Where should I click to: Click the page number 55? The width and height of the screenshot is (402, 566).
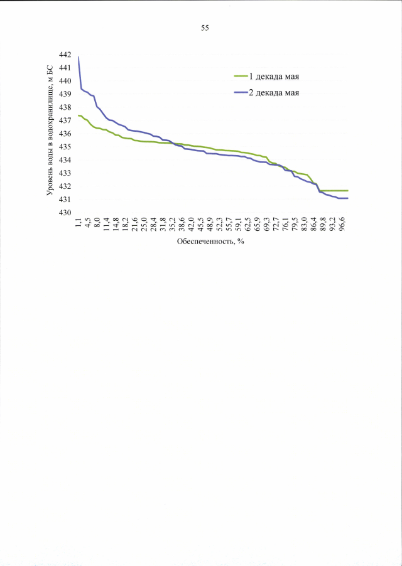tap(205, 28)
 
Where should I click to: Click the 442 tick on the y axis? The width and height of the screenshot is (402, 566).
tap(65, 55)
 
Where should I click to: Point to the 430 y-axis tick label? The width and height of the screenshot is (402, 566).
tap(65, 213)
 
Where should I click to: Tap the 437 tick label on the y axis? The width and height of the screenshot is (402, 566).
tap(65, 120)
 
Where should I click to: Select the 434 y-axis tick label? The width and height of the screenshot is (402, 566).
tap(65, 160)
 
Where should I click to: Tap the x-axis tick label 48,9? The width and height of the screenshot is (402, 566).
tap(209, 224)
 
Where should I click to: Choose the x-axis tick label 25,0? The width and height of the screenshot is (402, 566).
tap(144, 224)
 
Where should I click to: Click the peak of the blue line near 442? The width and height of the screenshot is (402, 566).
tap(78, 57)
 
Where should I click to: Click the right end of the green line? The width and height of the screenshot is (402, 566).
tap(347, 190)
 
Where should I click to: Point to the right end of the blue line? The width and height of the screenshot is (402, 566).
tap(347, 198)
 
